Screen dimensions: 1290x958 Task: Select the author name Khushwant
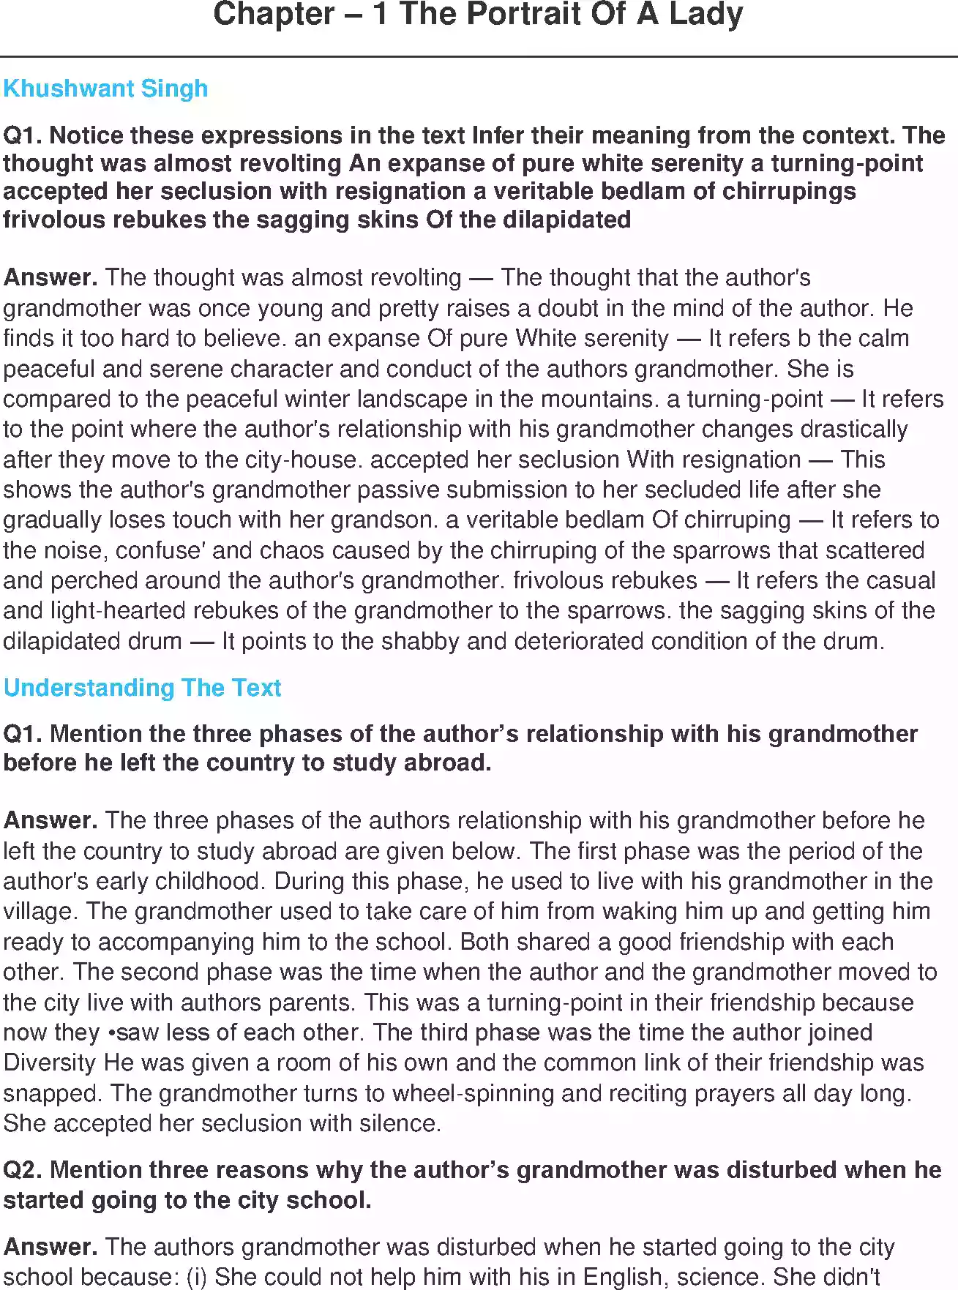coord(69,89)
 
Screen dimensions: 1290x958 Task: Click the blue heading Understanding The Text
coord(143,688)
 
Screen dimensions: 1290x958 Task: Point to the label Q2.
coord(23,1169)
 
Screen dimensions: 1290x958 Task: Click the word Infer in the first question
coord(499,135)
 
